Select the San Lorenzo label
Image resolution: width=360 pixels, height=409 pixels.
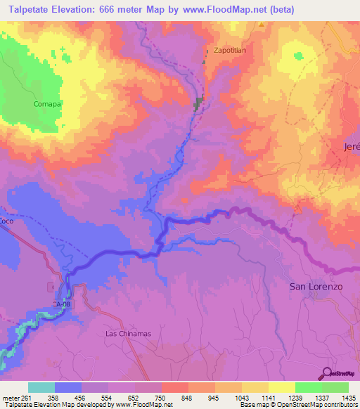click(316, 287)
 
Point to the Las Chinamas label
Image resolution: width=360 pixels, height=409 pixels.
click(128, 333)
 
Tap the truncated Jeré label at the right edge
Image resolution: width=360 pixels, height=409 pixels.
click(351, 146)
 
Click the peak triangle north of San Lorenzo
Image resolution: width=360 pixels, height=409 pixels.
click(297, 208)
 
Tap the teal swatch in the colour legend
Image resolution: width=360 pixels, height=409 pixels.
click(41, 387)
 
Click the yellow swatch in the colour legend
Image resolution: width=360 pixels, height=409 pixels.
click(281, 387)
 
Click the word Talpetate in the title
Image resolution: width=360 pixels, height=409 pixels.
click(30, 10)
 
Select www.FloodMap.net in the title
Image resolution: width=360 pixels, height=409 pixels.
click(226, 10)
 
